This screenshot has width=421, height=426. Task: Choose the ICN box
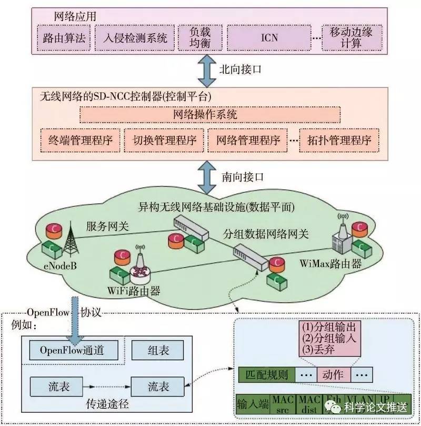pos(269,38)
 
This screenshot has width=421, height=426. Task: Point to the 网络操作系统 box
pos(209,114)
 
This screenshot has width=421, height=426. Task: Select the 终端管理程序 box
pos(79,141)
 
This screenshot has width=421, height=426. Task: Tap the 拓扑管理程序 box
pos(339,141)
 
